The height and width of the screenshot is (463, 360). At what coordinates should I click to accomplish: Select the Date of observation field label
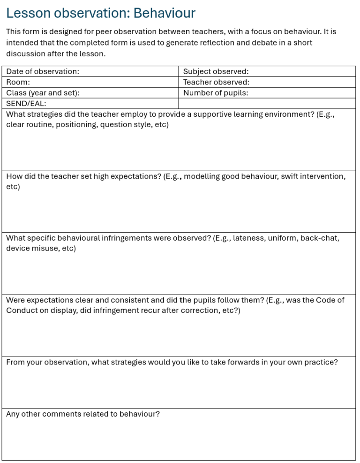[x=43, y=71]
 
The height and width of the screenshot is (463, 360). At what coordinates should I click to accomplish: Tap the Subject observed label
[x=216, y=71]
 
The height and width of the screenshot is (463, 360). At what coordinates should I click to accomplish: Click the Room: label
[x=18, y=82]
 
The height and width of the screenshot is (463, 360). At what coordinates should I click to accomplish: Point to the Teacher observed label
[x=216, y=82]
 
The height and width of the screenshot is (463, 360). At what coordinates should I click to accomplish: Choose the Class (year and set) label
[x=43, y=93]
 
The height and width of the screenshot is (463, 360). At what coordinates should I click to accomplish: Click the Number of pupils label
[x=216, y=93]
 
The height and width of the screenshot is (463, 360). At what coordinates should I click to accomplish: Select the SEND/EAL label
[x=26, y=103]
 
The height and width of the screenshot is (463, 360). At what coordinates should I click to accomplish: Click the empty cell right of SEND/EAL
[x=267, y=103]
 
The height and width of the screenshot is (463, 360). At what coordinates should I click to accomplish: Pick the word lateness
[x=249, y=238]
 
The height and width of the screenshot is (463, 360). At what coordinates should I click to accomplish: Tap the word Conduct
[x=22, y=311]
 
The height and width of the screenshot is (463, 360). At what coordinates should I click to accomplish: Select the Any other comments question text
[x=82, y=414]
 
